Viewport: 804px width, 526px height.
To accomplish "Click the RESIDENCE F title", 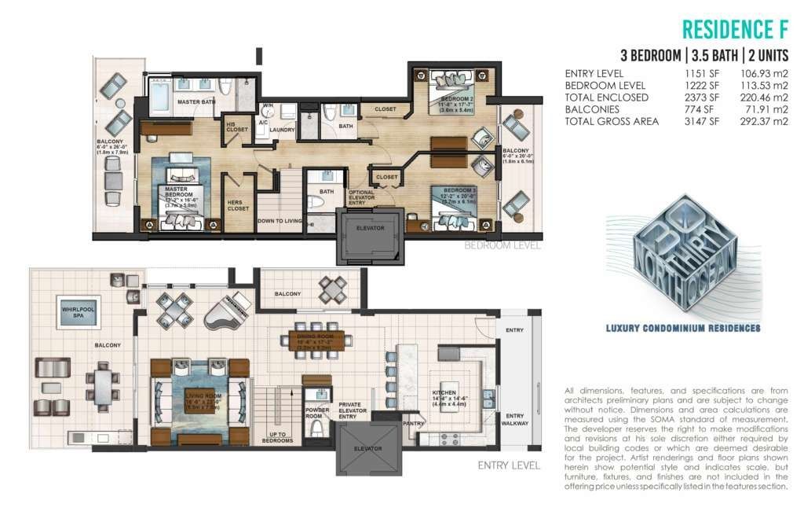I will (x=735, y=29).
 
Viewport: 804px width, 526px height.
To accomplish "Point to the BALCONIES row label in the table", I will (x=591, y=109).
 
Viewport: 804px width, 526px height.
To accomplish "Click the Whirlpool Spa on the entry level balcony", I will (x=79, y=310).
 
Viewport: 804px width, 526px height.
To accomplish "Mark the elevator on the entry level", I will (x=367, y=448).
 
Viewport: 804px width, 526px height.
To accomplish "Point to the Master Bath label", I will (x=196, y=102).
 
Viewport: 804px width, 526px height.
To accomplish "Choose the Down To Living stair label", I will (x=280, y=221).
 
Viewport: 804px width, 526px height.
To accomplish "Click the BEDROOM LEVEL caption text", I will (x=502, y=245).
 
